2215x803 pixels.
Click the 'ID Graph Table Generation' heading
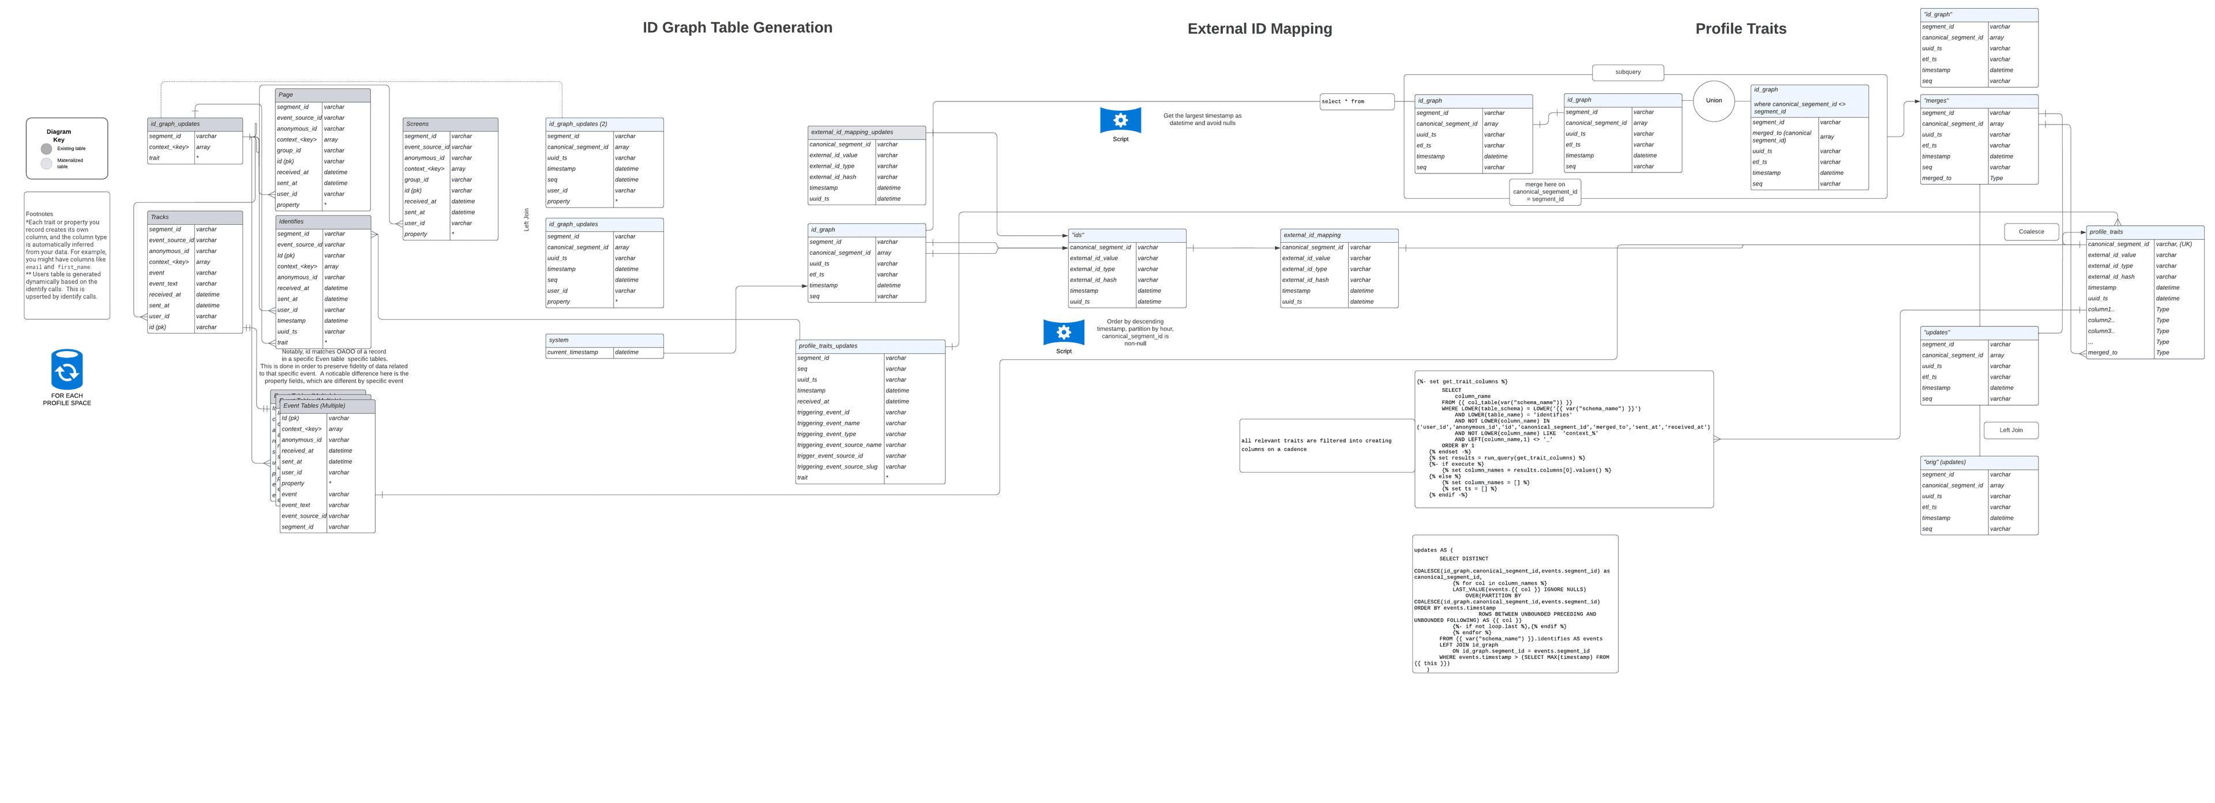tap(737, 28)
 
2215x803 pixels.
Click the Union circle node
tap(1714, 100)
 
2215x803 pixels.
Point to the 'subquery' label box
tap(1627, 72)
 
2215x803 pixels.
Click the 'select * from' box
tap(1356, 101)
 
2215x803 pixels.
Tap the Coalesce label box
tap(2031, 231)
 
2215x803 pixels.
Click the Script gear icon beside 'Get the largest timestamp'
tap(1120, 120)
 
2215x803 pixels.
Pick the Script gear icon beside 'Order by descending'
tap(1064, 332)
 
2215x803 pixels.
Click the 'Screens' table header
tap(450, 124)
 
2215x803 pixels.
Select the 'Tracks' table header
tap(194, 217)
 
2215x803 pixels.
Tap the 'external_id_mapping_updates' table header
tap(866, 133)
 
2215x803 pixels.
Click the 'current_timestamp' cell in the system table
tap(579, 352)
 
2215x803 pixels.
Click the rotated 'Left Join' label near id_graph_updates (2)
tap(526, 219)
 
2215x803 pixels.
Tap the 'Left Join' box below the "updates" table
tap(2010, 430)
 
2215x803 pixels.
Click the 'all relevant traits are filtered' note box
tap(1326, 444)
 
